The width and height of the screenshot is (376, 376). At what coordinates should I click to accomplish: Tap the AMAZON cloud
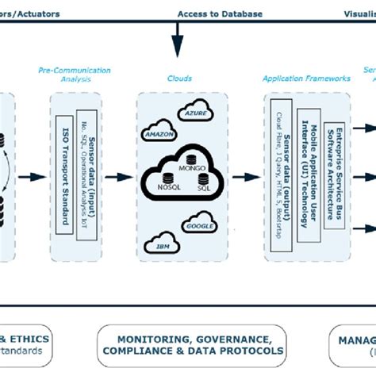159,136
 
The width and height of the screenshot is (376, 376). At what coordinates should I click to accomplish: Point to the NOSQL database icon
167,178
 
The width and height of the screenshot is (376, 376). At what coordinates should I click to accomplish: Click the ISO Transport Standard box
65,178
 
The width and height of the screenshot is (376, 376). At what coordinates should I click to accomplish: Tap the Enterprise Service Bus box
334,178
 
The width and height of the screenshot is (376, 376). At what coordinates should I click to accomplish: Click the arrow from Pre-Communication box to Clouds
121,178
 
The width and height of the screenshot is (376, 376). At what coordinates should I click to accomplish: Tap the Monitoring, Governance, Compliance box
190,344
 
